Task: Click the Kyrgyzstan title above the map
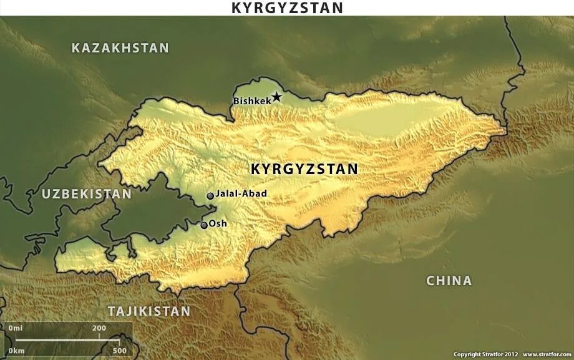coord(287,7)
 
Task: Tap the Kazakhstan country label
coord(120,48)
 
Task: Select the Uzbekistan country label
coord(87,194)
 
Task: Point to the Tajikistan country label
coord(148,311)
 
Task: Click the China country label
coord(449,281)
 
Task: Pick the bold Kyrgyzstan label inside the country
coord(304,169)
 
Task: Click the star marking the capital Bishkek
coord(276,97)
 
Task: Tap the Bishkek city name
coord(251,101)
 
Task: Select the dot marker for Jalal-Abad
coord(210,196)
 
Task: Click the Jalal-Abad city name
coord(241,193)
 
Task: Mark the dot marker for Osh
coord(204,225)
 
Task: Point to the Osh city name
coord(218,223)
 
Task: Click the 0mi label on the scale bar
coord(16,328)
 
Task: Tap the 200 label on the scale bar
coord(99,328)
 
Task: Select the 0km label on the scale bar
coord(16,350)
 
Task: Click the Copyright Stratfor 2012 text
coord(485,354)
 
